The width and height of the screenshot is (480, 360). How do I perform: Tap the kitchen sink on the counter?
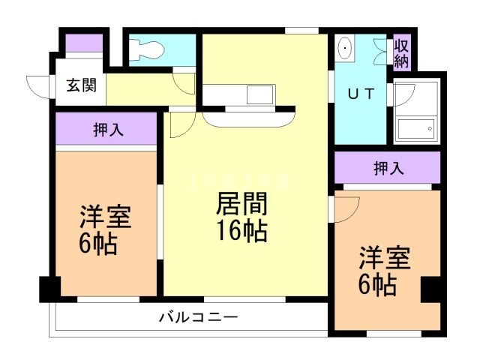click(x=259, y=94)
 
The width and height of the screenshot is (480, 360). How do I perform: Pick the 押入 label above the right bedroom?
click(x=388, y=168)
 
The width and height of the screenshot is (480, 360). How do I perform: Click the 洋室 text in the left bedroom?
click(x=106, y=217)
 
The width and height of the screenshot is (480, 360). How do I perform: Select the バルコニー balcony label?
click(x=199, y=317)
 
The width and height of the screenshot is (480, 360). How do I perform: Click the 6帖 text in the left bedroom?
click(x=98, y=244)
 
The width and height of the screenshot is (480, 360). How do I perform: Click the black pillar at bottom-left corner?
click(x=49, y=288)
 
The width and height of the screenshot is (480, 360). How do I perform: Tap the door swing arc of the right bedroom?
click(x=346, y=208)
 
